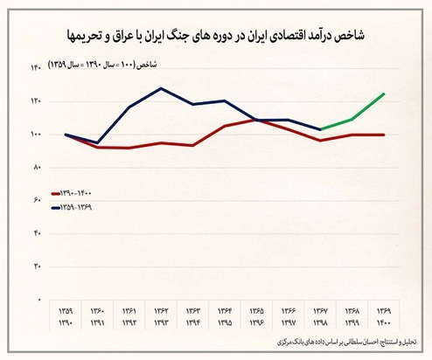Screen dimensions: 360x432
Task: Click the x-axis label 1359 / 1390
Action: point(67,317)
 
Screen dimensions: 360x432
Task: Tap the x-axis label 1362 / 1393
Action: point(162,317)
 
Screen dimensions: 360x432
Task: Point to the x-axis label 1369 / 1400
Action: point(382,317)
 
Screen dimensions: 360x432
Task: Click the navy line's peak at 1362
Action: point(162,88)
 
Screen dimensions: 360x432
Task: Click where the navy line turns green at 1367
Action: point(320,129)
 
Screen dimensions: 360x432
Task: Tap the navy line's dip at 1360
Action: point(98,142)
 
